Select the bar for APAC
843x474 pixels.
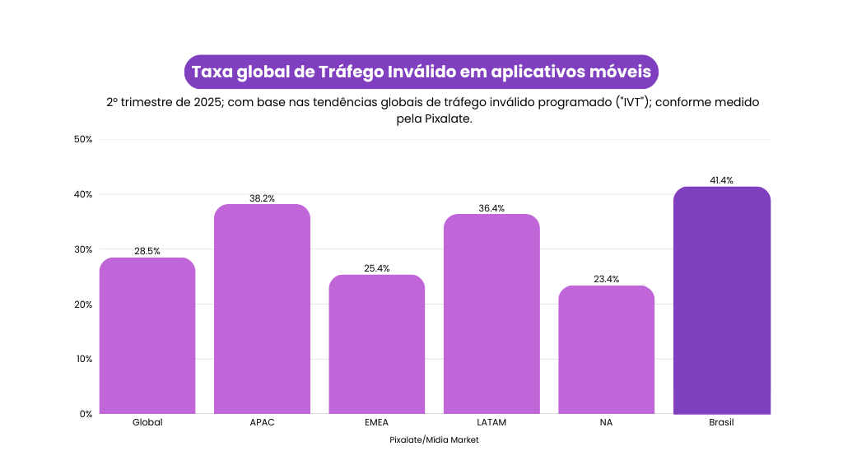click(262, 309)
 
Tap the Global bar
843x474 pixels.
click(147, 336)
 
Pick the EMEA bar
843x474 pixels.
click(377, 344)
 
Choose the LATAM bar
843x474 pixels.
click(491, 314)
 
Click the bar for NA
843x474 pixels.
click(606, 350)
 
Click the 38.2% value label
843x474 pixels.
click(262, 198)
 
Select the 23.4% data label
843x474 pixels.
click(606, 280)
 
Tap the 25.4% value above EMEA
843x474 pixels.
click(377, 268)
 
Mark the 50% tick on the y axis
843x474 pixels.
click(82, 139)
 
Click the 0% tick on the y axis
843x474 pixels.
click(85, 414)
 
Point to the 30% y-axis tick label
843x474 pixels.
click(82, 249)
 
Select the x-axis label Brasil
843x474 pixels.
click(721, 422)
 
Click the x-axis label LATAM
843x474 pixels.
click(491, 422)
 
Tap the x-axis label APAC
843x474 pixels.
click(262, 422)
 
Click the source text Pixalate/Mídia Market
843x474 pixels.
click(434, 440)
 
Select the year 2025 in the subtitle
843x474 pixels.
click(203, 103)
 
